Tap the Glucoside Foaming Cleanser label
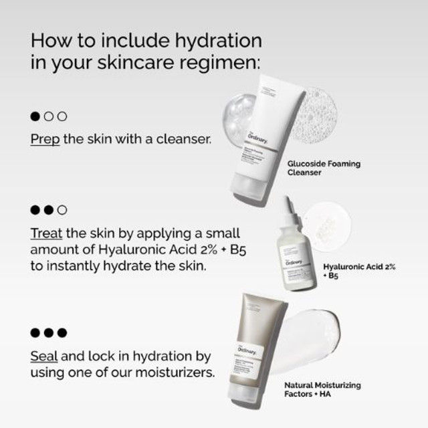coord(323,168)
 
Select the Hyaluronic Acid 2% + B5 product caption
coord(359,270)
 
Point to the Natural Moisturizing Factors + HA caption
coord(322,389)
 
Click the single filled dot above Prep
coord(36,116)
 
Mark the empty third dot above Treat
coord(63,210)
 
